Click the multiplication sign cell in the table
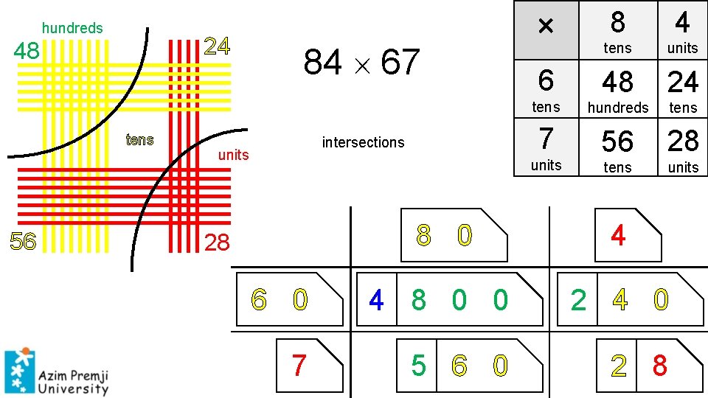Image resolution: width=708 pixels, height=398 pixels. click(545, 29)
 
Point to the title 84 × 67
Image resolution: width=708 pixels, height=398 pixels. click(361, 63)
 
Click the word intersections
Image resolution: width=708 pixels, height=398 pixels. click(363, 142)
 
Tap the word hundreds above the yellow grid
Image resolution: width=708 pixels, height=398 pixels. click(72, 28)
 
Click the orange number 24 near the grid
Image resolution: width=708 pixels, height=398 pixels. click(217, 46)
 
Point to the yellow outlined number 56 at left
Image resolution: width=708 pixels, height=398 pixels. click(23, 241)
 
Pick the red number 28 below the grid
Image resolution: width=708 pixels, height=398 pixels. click(217, 242)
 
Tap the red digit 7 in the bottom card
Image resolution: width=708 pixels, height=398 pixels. click(299, 365)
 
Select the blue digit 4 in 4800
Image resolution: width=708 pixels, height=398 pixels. click(376, 300)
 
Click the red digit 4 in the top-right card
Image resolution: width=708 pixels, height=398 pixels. click(618, 236)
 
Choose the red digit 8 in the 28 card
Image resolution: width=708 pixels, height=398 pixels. click(659, 365)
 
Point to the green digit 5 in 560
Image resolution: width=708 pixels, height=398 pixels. click(418, 365)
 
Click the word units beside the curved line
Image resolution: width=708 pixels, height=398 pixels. click(233, 155)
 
